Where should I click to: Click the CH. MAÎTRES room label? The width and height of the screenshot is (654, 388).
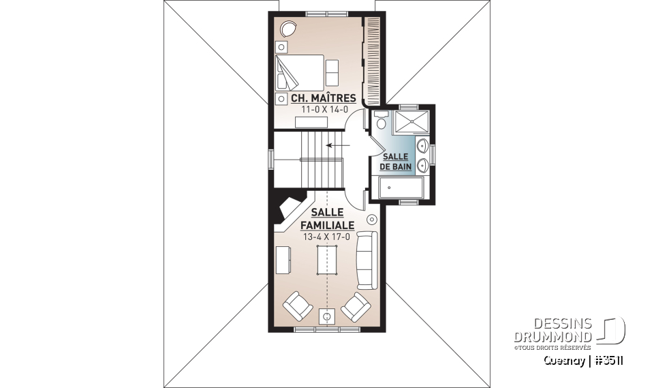(323, 98)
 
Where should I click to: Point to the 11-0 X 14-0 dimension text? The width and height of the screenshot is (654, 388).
(323, 108)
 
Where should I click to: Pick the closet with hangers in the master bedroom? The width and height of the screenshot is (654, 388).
(372, 59)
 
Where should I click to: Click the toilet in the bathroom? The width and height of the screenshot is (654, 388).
(380, 121)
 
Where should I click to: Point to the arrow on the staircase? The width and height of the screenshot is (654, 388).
(333, 145)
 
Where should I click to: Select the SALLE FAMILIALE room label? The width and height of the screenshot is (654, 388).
(328, 218)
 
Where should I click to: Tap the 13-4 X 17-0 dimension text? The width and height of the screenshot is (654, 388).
(327, 237)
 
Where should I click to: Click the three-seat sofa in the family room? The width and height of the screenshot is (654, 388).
(367, 259)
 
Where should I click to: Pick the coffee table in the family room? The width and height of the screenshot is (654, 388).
(327, 259)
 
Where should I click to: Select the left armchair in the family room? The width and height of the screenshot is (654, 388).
(297, 305)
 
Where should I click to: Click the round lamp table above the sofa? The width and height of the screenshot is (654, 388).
(372, 220)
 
